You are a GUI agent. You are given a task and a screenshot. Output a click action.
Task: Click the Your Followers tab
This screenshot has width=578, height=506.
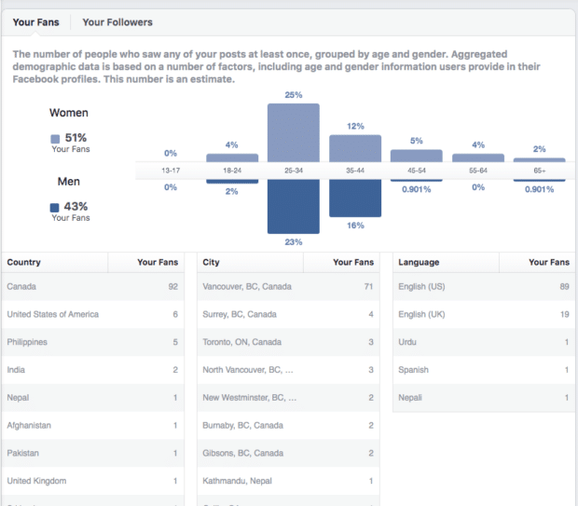point(117,21)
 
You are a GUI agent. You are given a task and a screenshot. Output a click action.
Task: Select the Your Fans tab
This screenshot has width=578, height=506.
point(36,21)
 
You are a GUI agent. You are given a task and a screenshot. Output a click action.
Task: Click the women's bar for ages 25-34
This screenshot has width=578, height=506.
point(294,132)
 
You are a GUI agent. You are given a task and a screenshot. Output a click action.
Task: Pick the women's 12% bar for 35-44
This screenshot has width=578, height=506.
point(355,148)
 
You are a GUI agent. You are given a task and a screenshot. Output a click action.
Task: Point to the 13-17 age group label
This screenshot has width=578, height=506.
point(170,171)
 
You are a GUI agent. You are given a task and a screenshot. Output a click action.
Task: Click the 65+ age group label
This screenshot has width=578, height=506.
point(540,171)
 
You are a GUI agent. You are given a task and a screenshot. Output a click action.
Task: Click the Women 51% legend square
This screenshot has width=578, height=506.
point(55,139)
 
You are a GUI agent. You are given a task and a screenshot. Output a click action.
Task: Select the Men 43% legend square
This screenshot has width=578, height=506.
point(55,207)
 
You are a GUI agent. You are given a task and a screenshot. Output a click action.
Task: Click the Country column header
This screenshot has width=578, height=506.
point(24,263)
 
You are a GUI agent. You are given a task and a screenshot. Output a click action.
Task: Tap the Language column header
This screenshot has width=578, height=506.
point(419,263)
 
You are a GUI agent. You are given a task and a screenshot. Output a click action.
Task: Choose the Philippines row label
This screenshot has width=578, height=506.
point(27,342)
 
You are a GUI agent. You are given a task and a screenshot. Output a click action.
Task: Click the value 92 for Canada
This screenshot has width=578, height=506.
point(172,287)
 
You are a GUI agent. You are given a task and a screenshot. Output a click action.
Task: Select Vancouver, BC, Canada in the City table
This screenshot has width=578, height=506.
point(247,287)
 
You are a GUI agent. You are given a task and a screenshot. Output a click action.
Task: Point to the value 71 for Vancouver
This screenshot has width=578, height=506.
point(369,287)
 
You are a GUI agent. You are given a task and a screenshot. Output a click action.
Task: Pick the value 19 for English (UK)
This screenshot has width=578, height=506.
point(564,315)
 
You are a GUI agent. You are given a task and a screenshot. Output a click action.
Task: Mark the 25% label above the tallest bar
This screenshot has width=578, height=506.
point(294,95)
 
